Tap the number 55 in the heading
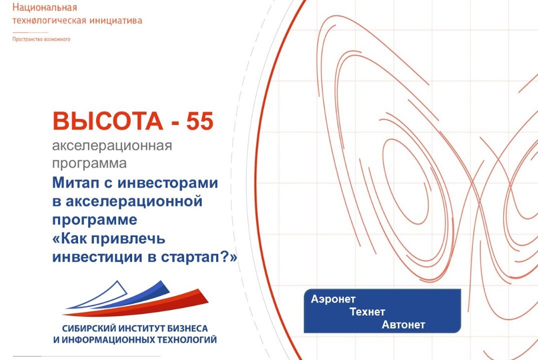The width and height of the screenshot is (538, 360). click(200, 121)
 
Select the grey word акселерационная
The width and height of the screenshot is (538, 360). click(112, 146)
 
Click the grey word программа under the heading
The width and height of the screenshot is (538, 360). click(90, 163)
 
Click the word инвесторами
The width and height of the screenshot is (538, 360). click(168, 182)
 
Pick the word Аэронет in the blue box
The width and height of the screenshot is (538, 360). click(333, 299)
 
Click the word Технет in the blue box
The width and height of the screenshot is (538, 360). click(367, 312)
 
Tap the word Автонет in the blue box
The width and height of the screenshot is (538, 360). click(403, 325)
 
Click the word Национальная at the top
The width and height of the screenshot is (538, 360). click(45, 7)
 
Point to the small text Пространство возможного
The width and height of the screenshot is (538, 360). click(41, 39)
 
